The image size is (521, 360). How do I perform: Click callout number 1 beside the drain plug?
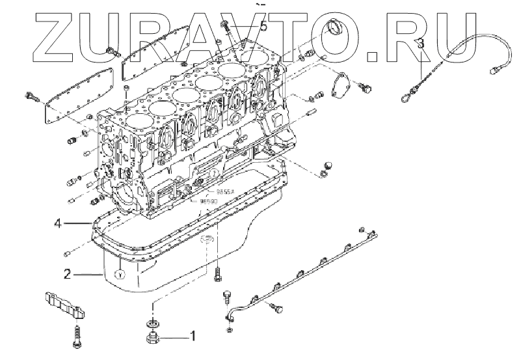[x=192, y=337]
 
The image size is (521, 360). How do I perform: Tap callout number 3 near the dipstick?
[x=421, y=42]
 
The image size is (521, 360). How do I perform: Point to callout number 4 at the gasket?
[x=58, y=223]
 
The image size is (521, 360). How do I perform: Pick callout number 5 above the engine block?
[x=263, y=26]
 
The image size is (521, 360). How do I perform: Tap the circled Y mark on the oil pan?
[x=119, y=274]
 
